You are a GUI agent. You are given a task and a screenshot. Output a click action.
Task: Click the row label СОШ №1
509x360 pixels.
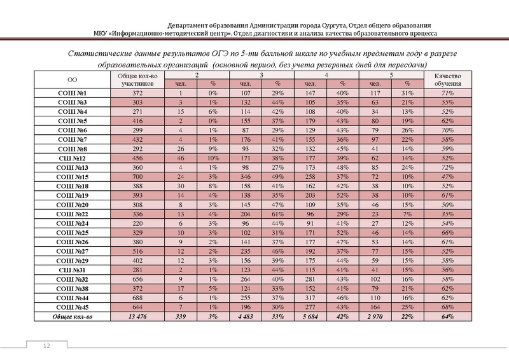[x=73, y=93]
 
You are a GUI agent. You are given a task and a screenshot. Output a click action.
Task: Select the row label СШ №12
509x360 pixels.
[x=73, y=158]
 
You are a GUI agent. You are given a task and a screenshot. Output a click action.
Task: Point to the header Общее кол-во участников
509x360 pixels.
[x=132, y=80]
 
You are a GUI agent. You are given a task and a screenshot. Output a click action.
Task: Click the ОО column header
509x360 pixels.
[x=73, y=80]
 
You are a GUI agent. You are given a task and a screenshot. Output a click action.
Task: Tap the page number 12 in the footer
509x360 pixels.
[x=46, y=345]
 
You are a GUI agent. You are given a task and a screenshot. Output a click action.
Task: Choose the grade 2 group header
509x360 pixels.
[x=197, y=76]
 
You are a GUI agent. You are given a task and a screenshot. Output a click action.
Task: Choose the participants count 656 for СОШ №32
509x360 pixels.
[x=132, y=279]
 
